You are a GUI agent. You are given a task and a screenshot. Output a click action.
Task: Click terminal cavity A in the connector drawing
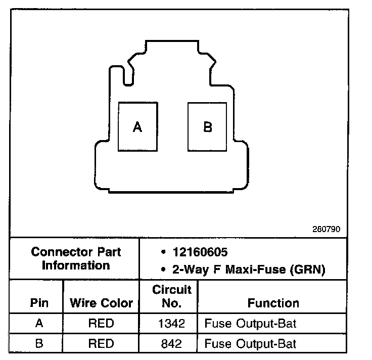pyautogui.click(x=137, y=127)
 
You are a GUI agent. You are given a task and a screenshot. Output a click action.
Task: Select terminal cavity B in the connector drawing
pyautogui.click(x=207, y=127)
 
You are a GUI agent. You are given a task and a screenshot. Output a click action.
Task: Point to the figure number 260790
pyautogui.click(x=327, y=229)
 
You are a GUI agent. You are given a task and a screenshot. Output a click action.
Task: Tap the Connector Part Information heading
pyautogui.click(x=76, y=258)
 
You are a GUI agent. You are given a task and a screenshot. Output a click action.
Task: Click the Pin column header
pyautogui.click(x=39, y=303)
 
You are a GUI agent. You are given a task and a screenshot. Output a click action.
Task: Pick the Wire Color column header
pyautogui.click(x=101, y=303)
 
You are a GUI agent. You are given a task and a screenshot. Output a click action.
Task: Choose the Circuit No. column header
pyautogui.click(x=172, y=296)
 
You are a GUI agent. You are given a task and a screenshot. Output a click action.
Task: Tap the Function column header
pyautogui.click(x=273, y=303)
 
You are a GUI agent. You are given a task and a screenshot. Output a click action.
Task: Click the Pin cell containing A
pyautogui.click(x=39, y=323)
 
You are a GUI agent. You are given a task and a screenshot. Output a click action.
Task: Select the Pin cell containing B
pyautogui.click(x=39, y=344)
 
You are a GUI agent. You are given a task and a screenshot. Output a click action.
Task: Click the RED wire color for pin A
pyautogui.click(x=101, y=323)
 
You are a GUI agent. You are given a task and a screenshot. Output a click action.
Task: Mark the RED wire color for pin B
pyautogui.click(x=101, y=344)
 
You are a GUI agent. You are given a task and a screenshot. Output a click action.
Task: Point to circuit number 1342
pyautogui.click(x=172, y=323)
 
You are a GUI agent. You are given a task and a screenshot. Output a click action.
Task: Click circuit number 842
pyautogui.click(x=172, y=344)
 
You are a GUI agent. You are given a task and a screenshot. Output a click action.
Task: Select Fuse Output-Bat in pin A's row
pyautogui.click(x=250, y=323)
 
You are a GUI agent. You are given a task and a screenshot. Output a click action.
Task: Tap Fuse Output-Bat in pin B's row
pyautogui.click(x=250, y=344)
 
